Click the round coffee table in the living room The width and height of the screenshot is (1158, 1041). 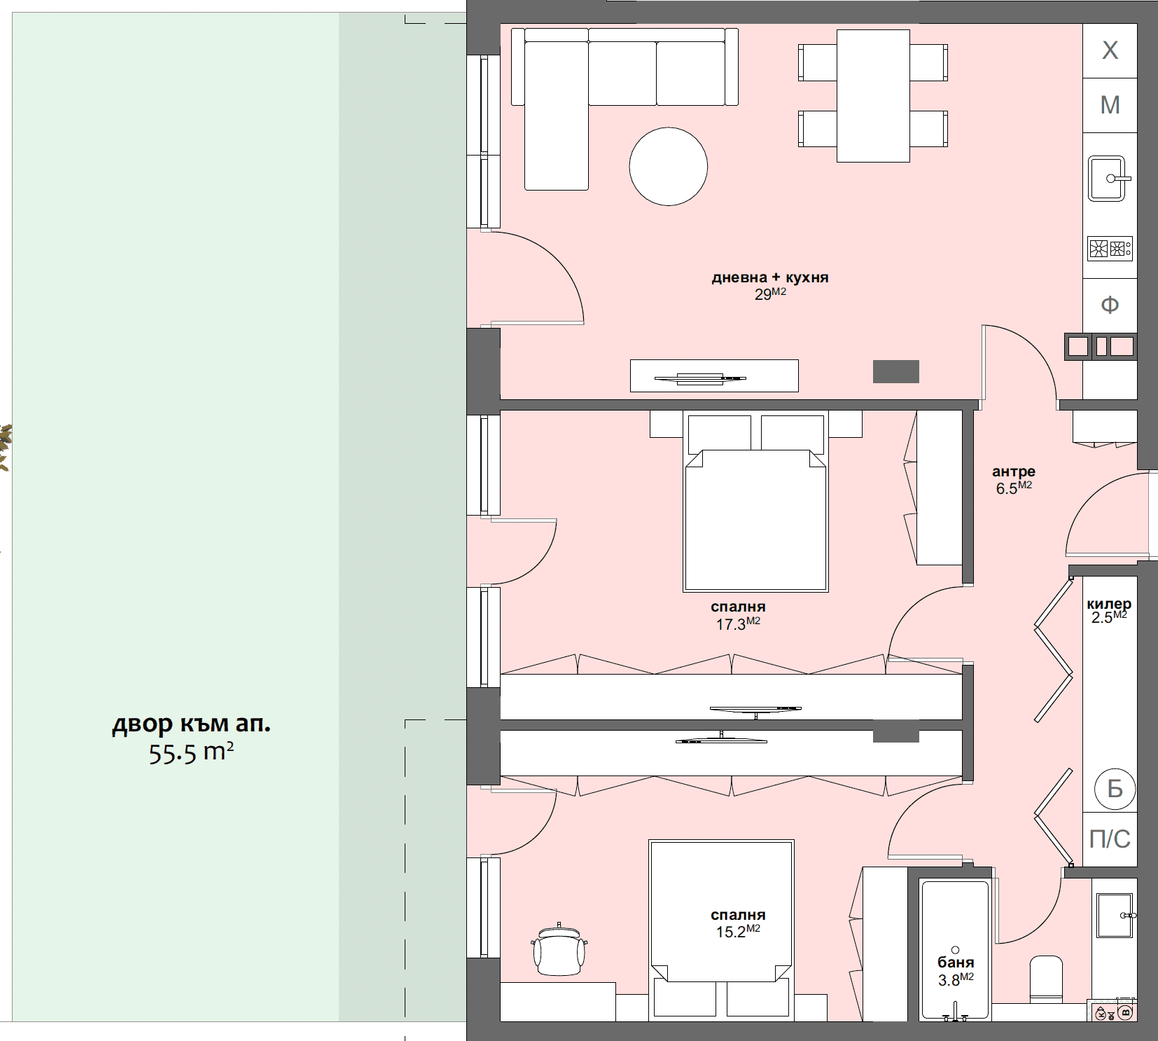pyautogui.click(x=668, y=167)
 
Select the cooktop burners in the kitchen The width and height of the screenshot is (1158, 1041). pyautogui.click(x=1110, y=249)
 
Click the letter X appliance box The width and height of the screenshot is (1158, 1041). pyautogui.click(x=1110, y=50)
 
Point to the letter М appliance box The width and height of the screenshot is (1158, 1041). pyautogui.click(x=1110, y=105)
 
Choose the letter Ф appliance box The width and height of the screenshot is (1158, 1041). pyautogui.click(x=1110, y=305)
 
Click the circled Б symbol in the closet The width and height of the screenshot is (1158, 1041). pyautogui.click(x=1115, y=789)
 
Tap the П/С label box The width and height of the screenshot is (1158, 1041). pyautogui.click(x=1110, y=839)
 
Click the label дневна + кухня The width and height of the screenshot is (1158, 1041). pyautogui.click(x=770, y=277)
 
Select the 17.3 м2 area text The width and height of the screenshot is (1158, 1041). pyautogui.click(x=738, y=623)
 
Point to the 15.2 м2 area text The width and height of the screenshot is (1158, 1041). pyautogui.click(x=738, y=932)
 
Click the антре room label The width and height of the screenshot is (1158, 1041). pyautogui.click(x=1013, y=471)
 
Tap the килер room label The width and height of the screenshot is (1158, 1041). pyautogui.click(x=1109, y=604)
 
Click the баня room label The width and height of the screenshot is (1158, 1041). pyautogui.click(x=956, y=963)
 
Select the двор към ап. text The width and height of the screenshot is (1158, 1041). pyautogui.click(x=191, y=724)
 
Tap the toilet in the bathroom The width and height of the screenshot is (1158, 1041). pyautogui.click(x=1046, y=979)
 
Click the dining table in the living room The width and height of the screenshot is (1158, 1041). pyautogui.click(x=873, y=96)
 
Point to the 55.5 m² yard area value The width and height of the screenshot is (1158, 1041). pyautogui.click(x=191, y=753)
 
